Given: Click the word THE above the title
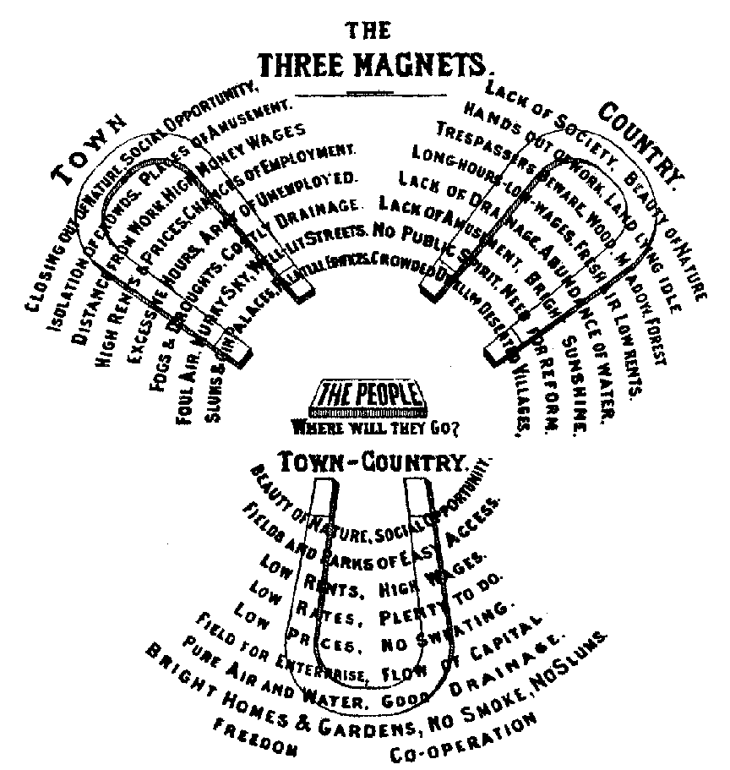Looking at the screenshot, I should coord(369,30).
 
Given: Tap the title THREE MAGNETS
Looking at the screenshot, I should coord(375,65).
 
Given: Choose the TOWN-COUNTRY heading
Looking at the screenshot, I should coord(373,461).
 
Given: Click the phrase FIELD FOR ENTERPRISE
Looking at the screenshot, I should coord(262,647).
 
